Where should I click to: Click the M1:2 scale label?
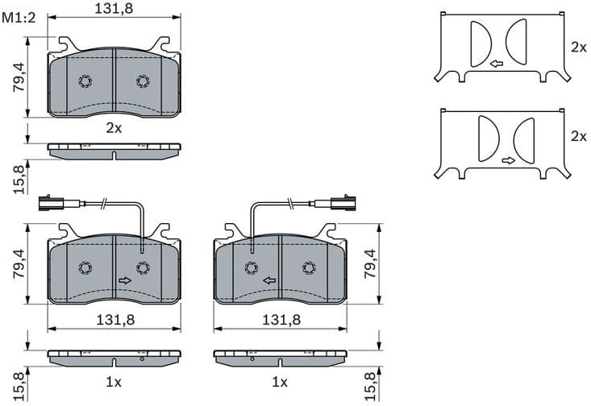click(19, 19)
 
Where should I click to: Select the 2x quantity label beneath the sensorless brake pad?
click(114, 127)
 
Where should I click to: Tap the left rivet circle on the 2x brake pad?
click(85, 81)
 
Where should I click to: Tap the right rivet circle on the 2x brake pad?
click(143, 81)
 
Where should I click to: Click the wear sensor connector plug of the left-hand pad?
click(48, 202)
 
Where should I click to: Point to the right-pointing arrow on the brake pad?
click(125, 280)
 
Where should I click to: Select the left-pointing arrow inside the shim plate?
click(496, 63)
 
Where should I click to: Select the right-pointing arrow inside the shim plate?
click(508, 160)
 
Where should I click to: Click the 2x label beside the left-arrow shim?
click(578, 48)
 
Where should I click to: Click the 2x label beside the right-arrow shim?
click(578, 136)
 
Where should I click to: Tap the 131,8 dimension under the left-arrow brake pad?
click(281, 319)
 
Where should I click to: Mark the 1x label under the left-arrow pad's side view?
click(280, 381)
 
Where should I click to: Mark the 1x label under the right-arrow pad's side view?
click(114, 381)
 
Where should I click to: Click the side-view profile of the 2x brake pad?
click(114, 150)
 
